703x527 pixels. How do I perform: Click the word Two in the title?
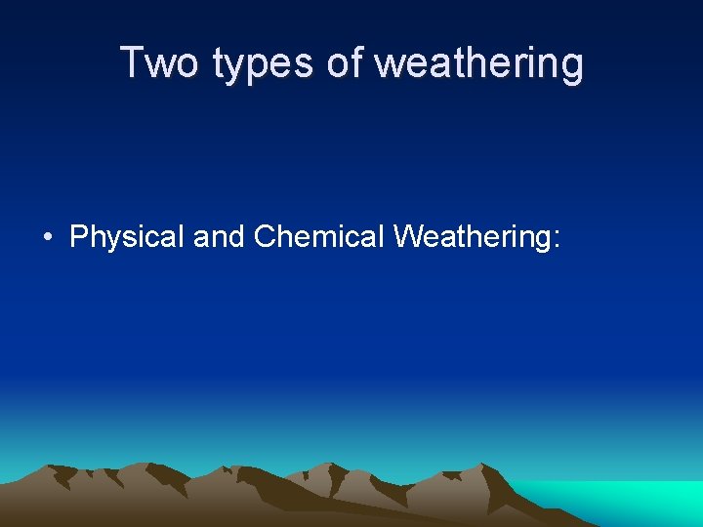[160, 63]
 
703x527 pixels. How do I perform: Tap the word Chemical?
[318, 236]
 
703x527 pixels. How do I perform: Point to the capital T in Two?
[132, 63]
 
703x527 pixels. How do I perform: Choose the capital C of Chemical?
[265, 236]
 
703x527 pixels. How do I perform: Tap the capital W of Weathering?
[408, 236]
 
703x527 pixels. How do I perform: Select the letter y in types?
[240, 68]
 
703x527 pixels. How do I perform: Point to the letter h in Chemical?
[286, 236]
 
